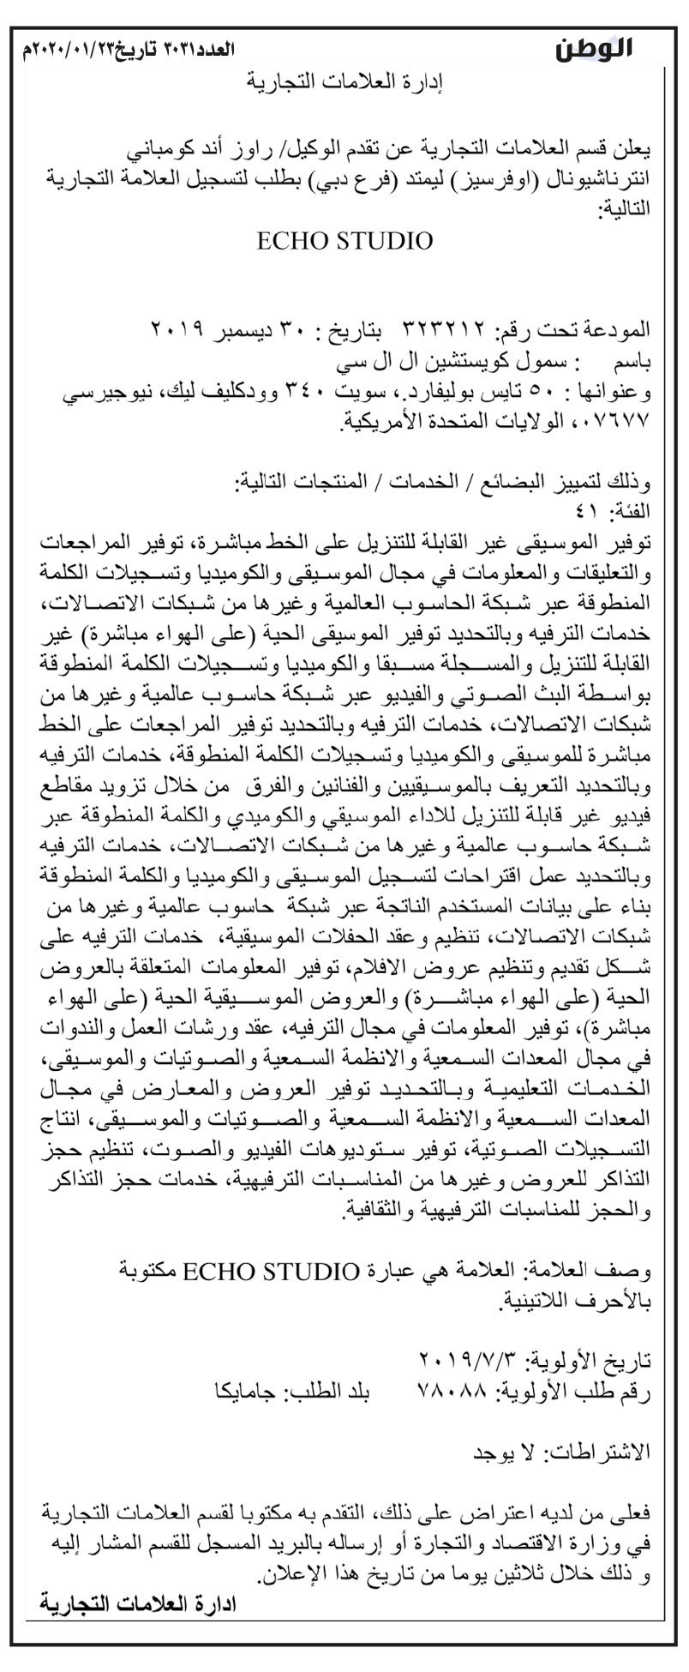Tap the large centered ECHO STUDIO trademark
(x=344, y=241)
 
